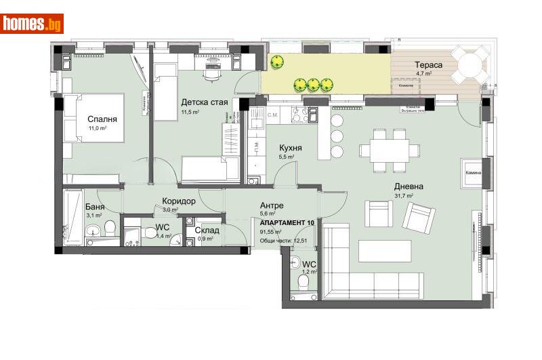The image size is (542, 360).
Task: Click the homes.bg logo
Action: (33, 24)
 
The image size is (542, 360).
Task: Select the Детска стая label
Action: (204, 102)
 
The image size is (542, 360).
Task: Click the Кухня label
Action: (291, 148)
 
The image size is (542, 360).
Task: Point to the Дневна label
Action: (410, 186)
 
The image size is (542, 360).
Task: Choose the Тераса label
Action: (429, 65)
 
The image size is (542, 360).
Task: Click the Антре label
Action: (271, 205)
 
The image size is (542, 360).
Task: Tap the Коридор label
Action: (179, 201)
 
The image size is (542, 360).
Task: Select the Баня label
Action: (94, 207)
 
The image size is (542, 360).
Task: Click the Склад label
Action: (207, 230)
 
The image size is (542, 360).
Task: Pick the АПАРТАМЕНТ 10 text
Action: (287, 223)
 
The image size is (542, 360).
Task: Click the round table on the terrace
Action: (470, 67)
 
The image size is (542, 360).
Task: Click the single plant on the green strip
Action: (276, 62)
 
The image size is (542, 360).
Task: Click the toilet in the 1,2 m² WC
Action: (305, 281)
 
